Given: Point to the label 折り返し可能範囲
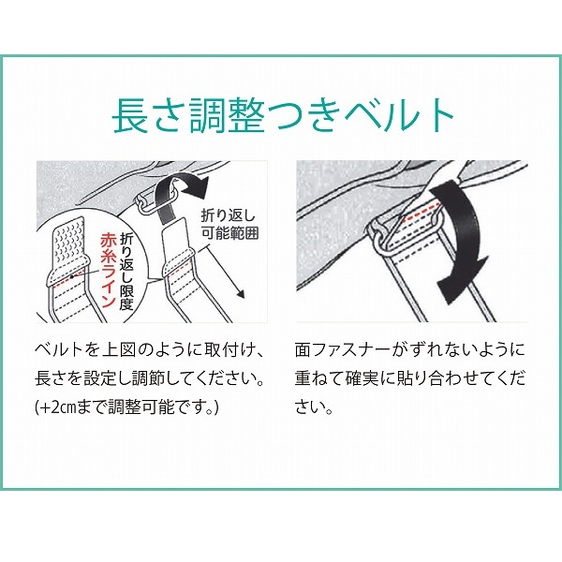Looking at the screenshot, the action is [229, 225].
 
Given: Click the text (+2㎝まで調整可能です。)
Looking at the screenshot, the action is [126, 407].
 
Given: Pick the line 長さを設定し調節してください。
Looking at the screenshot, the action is [150, 378].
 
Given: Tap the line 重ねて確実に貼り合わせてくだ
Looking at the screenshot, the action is [410, 378].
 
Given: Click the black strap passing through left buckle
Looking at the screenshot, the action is [166, 202].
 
